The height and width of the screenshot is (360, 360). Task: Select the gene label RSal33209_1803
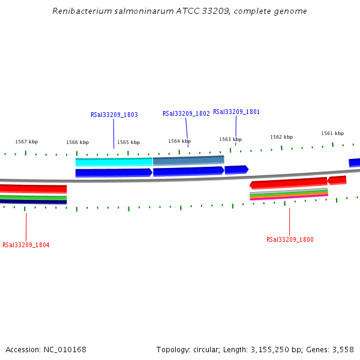114,115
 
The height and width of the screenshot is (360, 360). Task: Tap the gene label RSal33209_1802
186,113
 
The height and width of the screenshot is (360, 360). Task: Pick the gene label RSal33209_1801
236,112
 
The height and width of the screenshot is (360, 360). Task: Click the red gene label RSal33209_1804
26,245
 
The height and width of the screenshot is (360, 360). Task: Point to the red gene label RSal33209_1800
290,239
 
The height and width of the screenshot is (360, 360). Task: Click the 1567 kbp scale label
26,142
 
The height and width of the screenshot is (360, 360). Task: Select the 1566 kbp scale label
77,142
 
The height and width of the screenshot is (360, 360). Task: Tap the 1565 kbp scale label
128,142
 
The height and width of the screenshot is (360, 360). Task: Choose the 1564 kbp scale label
179,141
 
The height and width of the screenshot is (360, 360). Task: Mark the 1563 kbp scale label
230,139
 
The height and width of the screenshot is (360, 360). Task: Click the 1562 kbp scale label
281,137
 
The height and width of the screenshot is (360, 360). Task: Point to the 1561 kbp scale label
332,133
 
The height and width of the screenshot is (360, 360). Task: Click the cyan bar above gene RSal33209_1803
114,162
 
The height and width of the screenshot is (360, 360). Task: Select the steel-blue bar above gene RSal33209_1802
188,160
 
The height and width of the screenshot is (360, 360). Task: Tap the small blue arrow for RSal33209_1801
236,169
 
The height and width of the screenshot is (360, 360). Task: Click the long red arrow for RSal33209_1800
288,182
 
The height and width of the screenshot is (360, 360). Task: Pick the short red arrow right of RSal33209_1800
337,180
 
